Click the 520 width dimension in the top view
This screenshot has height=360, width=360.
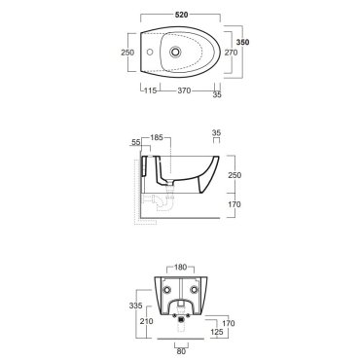point(181,15)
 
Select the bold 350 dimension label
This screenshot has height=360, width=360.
point(243,42)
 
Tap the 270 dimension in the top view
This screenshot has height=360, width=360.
point(232,53)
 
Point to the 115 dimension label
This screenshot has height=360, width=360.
point(151,90)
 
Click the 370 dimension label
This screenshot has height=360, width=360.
point(184,90)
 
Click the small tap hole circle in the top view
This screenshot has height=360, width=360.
point(150,52)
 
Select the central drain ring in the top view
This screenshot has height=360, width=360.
point(175,52)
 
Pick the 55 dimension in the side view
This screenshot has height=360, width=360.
point(136,142)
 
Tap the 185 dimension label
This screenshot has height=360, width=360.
point(157,137)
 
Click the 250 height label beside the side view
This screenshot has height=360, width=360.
point(234,175)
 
